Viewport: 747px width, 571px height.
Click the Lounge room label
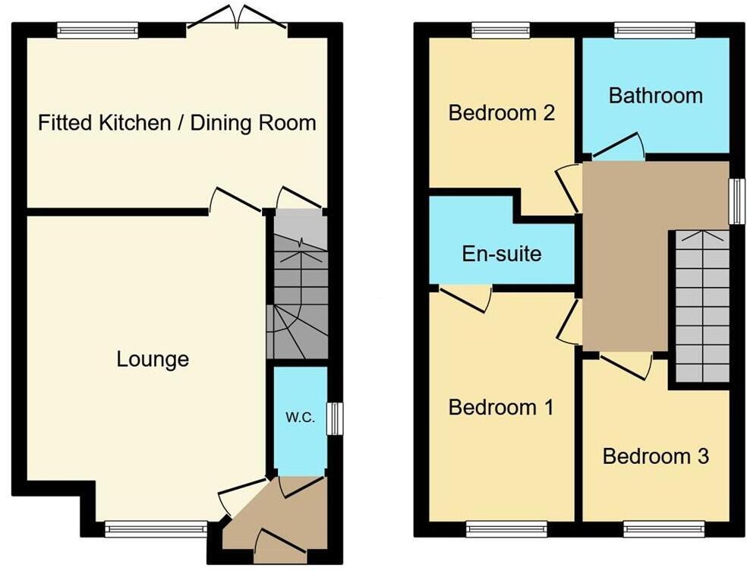click(x=153, y=358)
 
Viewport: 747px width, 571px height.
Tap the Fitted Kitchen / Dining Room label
click(x=177, y=122)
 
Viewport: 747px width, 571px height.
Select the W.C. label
click(x=300, y=417)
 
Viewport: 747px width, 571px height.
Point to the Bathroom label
click(x=655, y=96)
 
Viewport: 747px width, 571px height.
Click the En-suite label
click(x=502, y=253)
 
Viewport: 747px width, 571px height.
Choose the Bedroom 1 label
click(x=501, y=408)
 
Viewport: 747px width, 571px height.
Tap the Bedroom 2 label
click(x=501, y=113)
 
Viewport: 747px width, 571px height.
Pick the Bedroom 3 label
click(x=655, y=456)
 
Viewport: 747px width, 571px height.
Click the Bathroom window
click(x=654, y=30)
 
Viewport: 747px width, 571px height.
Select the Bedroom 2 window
click(x=500, y=30)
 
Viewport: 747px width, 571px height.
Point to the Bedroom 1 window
click(x=506, y=529)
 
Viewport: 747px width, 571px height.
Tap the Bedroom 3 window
click(x=663, y=529)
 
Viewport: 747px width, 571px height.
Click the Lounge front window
click(x=156, y=529)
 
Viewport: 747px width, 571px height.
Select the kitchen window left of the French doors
click(x=97, y=30)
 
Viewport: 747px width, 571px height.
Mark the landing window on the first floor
click(x=736, y=201)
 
